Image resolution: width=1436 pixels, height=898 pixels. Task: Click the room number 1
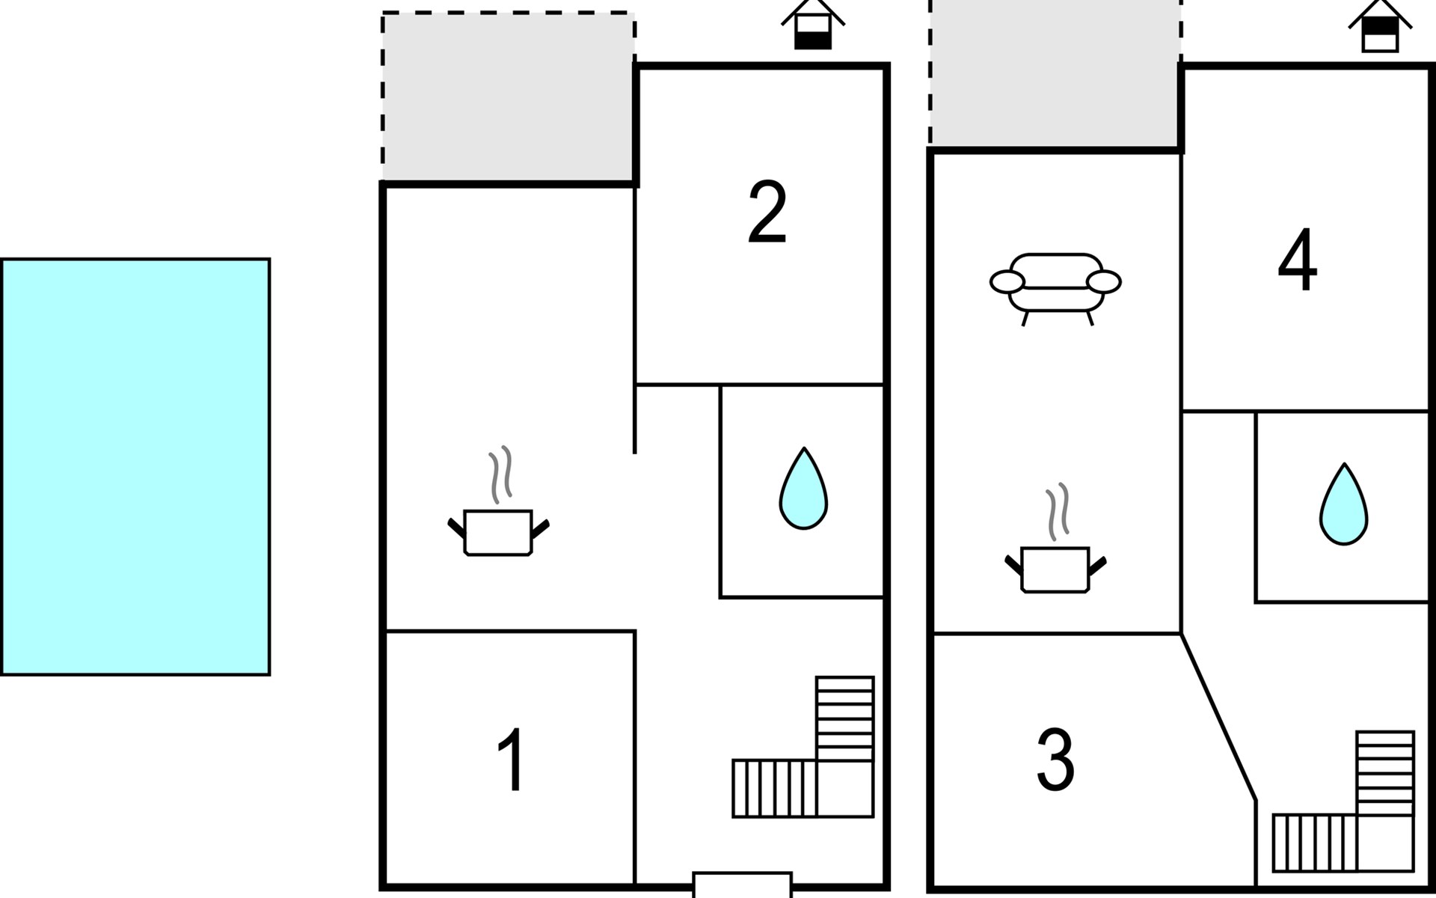coord(512,760)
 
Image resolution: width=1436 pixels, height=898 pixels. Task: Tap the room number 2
coord(767,213)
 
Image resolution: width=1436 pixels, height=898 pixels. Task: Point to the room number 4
coord(1298,260)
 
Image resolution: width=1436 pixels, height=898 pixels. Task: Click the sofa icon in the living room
coord(1055,289)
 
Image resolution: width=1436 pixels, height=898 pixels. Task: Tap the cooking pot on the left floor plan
coord(498,532)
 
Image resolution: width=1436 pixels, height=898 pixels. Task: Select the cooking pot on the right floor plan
coord(1055,570)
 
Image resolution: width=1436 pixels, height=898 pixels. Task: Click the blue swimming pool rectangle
coord(135,467)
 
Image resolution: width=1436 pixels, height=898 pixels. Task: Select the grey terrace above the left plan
coord(508,97)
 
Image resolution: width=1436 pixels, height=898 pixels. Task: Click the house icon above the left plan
coord(813,25)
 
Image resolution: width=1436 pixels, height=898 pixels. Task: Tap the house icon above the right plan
coord(1380,26)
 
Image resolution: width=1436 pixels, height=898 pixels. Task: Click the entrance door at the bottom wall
coord(742,885)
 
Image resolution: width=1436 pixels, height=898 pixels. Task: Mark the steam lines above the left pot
coord(500,474)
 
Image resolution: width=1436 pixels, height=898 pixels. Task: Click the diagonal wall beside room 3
coord(1218,717)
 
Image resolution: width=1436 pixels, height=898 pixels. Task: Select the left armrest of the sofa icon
coord(1007,282)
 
